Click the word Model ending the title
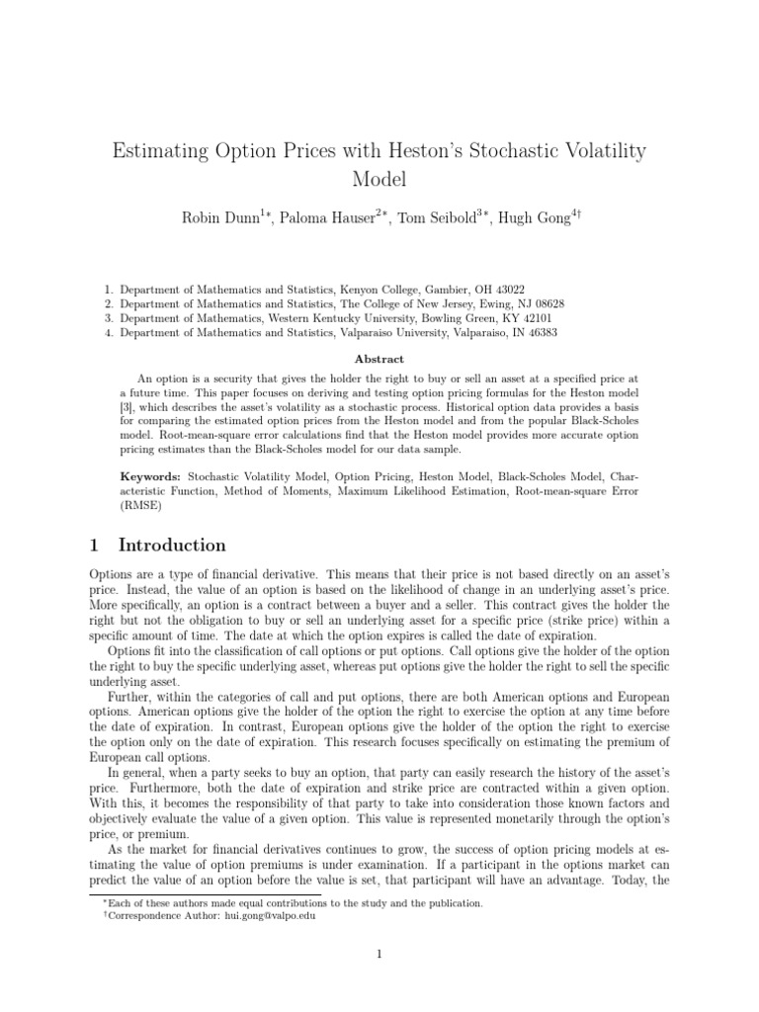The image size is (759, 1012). tap(379, 180)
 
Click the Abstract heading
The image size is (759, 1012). tap(379, 361)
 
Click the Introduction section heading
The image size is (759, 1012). tap(172, 546)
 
